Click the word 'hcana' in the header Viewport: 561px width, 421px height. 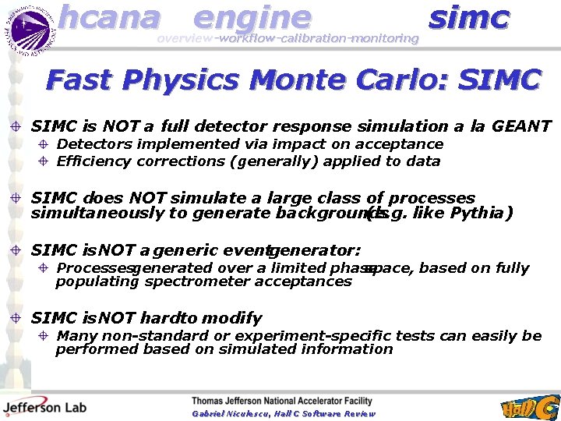[109, 17]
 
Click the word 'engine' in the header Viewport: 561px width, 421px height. [251, 17]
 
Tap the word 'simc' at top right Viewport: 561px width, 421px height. [468, 17]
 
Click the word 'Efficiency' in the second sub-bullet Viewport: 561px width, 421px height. [93, 161]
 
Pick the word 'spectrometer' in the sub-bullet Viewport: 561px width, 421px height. [192, 281]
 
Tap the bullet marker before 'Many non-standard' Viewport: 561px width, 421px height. [45, 336]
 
